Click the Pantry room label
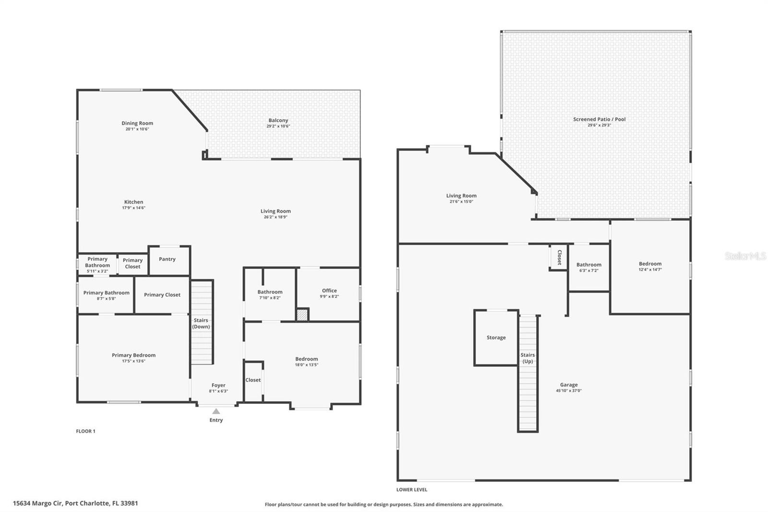167,259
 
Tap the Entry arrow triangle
216,411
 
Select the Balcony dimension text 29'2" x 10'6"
278,126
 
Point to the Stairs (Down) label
201,323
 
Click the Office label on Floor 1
329,291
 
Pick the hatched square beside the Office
302,315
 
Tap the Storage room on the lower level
496,338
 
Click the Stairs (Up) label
528,358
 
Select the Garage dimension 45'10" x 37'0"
569,391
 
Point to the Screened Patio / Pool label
599,119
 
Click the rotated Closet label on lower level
559,257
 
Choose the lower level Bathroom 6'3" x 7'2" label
588,265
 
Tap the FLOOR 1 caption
85,431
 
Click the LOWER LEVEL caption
411,490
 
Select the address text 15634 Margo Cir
38,503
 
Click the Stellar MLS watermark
745,256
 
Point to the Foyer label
218,385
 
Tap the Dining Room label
137,123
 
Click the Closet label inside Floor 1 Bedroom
253,380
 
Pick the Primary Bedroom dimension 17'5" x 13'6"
133,361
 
